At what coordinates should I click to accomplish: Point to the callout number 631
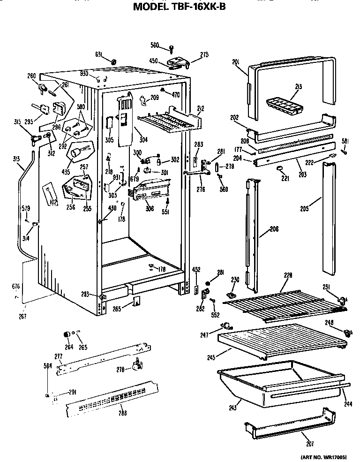coord(99,54)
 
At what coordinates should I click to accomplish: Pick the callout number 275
coord(204,55)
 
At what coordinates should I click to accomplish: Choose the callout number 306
coord(150,209)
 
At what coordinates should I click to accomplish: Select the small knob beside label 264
coord(67,333)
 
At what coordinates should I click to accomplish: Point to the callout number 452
coord(196,269)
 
